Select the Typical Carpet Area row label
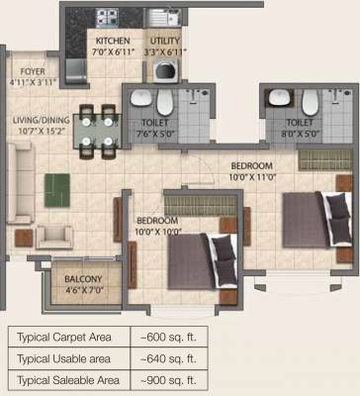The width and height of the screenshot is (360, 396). pyautogui.click(x=64, y=338)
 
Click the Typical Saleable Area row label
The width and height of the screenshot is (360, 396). pyautogui.click(x=67, y=379)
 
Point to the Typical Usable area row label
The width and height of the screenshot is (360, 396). pyautogui.click(x=65, y=358)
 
